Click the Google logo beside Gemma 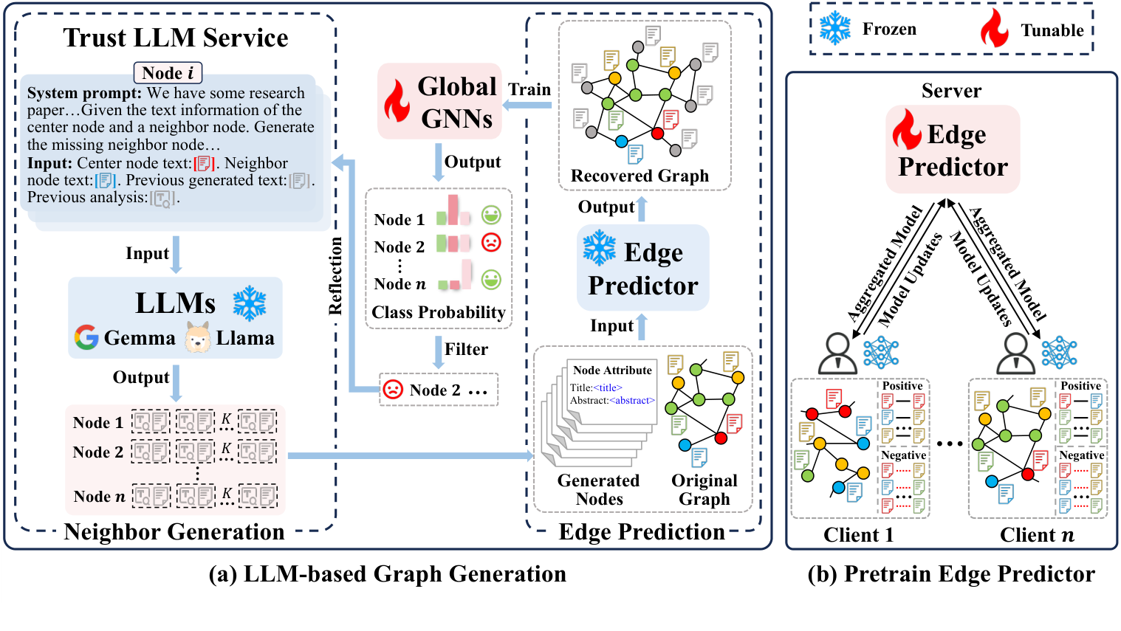pos(86,337)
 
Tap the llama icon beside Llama pos(198,337)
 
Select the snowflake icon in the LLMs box pos(249,304)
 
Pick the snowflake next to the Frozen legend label pos(835,29)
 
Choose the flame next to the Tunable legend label pos(994,29)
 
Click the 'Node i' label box pos(168,73)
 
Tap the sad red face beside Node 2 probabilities pos(491,242)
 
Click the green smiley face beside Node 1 pos(491,215)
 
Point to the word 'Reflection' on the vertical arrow pos(335,275)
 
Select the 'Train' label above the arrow pos(529,89)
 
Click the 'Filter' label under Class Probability pos(466,349)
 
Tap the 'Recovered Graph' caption pos(640,176)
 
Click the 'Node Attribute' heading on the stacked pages pos(612,370)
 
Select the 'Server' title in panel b pos(951,91)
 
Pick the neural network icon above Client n pos(1059,353)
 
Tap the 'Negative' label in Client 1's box pos(903,455)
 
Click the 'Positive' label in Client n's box pos(1081,386)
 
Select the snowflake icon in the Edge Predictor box pos(599,249)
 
